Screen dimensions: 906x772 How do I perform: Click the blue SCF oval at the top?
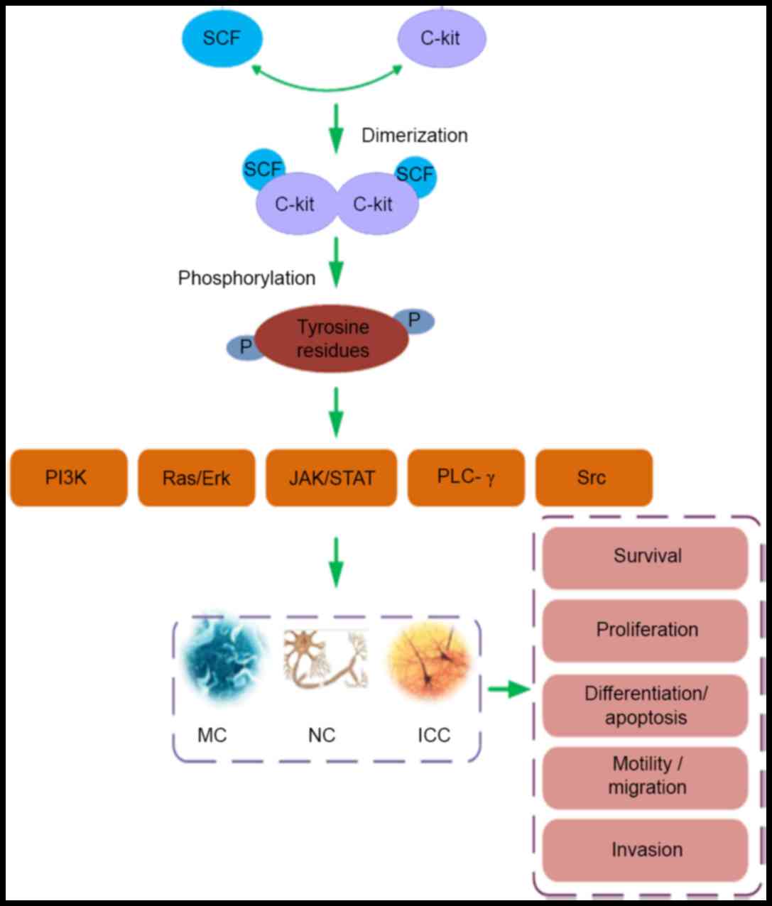pyautogui.click(x=222, y=38)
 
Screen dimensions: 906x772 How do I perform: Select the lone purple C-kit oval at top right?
pyautogui.click(x=441, y=38)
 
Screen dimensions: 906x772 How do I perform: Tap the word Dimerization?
pyautogui.click(x=415, y=135)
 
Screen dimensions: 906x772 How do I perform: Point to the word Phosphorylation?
pyautogui.click(x=246, y=278)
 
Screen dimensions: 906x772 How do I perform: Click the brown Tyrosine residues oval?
pyautogui.click(x=332, y=339)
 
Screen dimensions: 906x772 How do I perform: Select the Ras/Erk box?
pyautogui.click(x=196, y=477)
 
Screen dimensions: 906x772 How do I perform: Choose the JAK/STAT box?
pyautogui.click(x=331, y=477)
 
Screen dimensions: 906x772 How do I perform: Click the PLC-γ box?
pyautogui.click(x=466, y=477)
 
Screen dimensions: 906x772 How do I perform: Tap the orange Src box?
pyautogui.click(x=593, y=477)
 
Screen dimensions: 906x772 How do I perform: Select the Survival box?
pyautogui.click(x=646, y=556)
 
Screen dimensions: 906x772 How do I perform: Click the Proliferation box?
pyautogui.click(x=646, y=630)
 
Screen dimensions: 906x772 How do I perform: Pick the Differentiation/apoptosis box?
pyautogui.click(x=646, y=705)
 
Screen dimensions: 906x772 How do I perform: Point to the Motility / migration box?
pyautogui.click(x=646, y=776)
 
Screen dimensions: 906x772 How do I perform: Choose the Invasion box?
pyautogui.click(x=646, y=849)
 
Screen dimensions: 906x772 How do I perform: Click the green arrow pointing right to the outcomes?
pyautogui.click(x=509, y=689)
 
